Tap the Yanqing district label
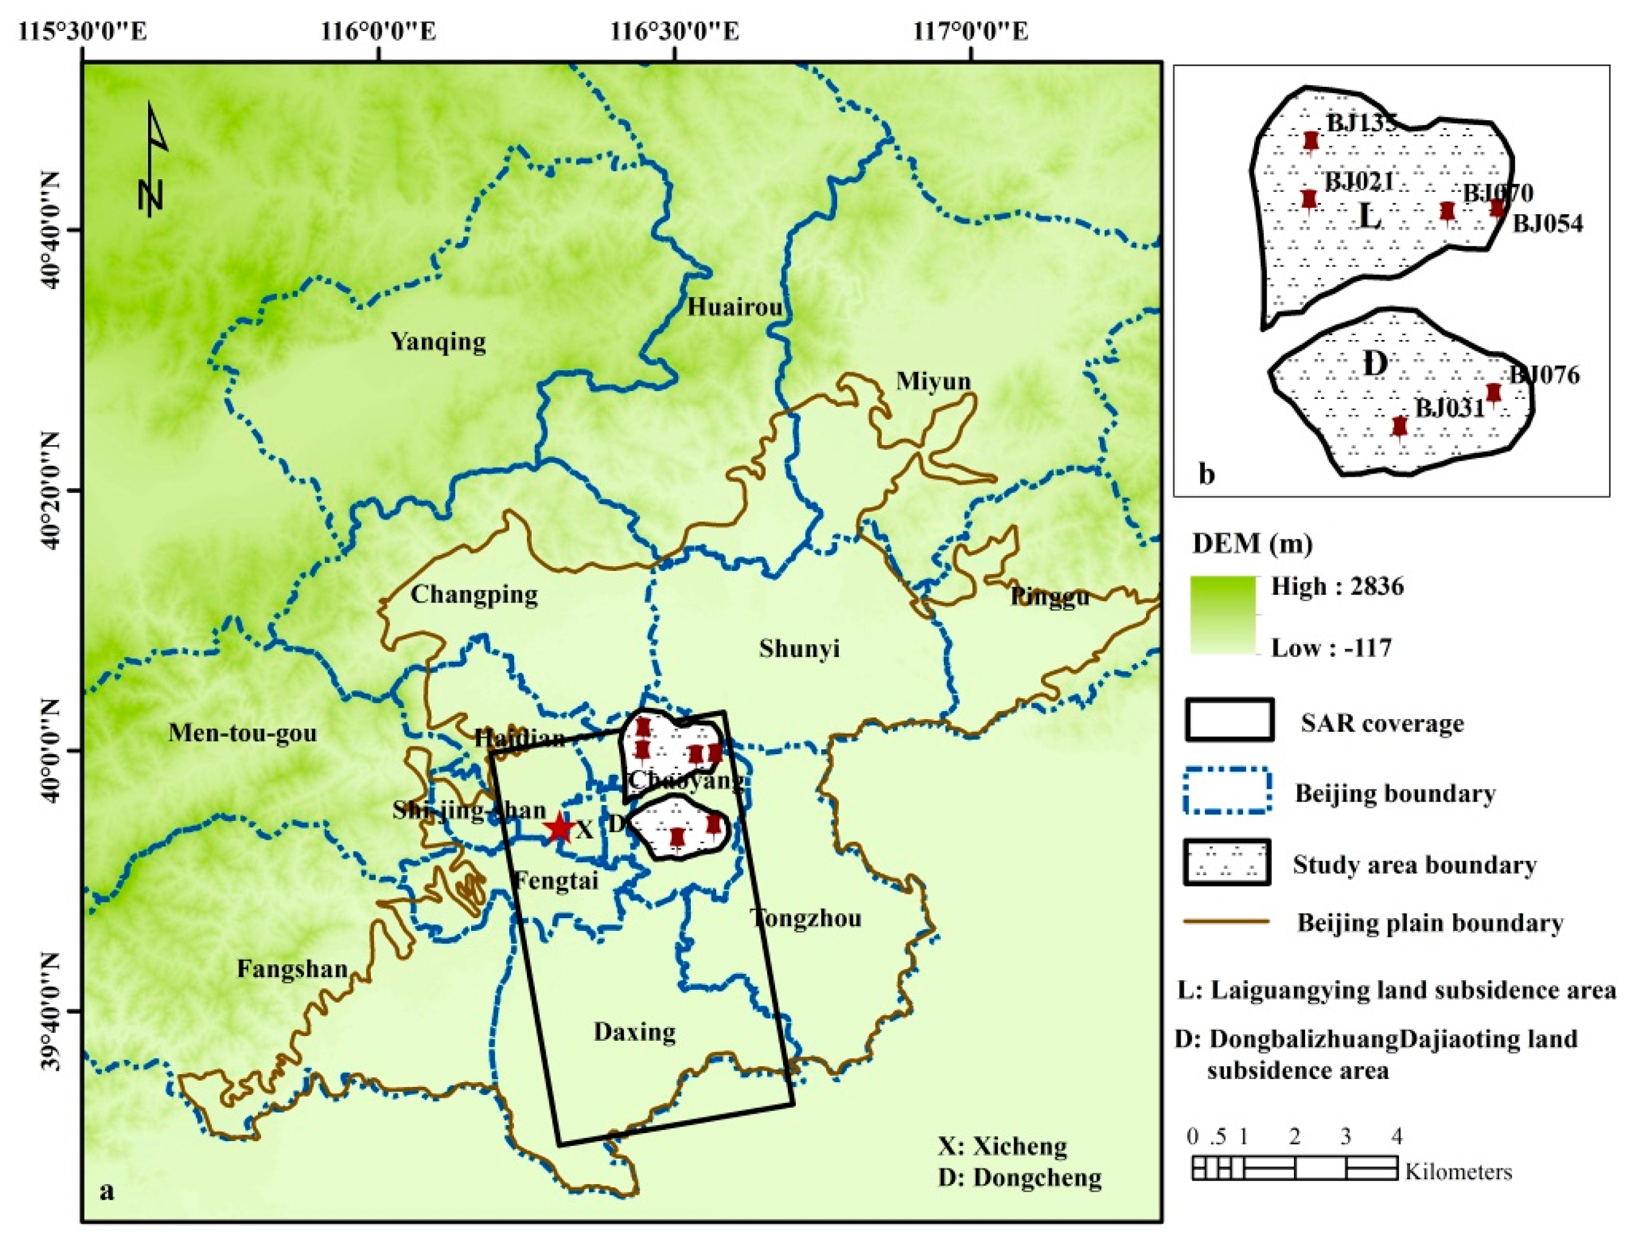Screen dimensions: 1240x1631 coord(438,342)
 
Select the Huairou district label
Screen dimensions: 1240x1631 coord(734,306)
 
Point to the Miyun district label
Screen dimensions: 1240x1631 coord(933,381)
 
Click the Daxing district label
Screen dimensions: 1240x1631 coord(634,1032)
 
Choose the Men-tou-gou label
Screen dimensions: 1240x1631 coord(242,733)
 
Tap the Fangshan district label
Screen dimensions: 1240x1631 coord(292,969)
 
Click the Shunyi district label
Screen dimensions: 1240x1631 coord(799,649)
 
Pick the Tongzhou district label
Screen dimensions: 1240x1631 coord(805,918)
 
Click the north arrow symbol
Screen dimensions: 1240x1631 coord(154,158)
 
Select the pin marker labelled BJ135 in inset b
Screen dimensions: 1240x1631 coord(1310,141)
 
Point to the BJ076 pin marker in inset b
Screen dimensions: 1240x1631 coord(1493,393)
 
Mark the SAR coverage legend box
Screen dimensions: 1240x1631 coord(1230,720)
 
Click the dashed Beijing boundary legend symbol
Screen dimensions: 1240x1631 coord(1227,791)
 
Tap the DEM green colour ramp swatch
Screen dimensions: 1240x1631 coord(1222,615)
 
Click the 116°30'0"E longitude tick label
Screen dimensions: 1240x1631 coord(674,32)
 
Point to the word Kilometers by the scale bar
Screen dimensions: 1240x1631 coord(1457,1172)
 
